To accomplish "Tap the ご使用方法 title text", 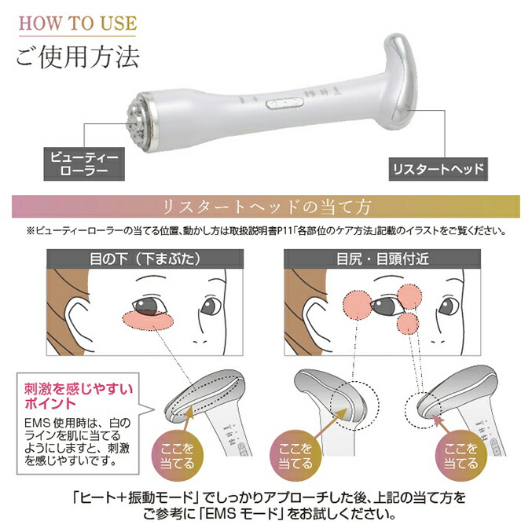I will point(77,57).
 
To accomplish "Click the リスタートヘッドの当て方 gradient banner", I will point(266,207).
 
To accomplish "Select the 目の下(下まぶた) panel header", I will point(147,257).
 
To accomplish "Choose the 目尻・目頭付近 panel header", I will point(384,257).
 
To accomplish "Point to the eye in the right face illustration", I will point(386,306).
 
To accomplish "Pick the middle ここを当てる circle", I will point(296,455).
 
